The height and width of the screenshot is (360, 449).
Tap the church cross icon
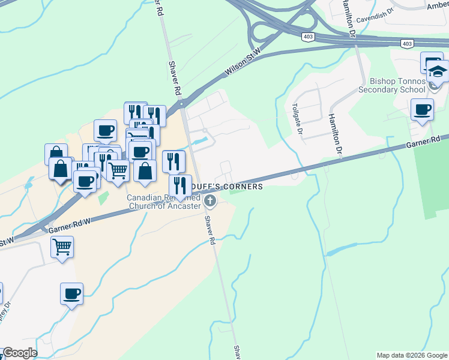tap(210, 200)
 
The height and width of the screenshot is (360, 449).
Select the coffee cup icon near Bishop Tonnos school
tap(422, 110)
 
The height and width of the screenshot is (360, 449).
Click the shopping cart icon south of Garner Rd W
tap(62, 247)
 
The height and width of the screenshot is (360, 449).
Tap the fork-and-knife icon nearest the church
tap(180, 185)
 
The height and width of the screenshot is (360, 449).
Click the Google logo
tap(20, 353)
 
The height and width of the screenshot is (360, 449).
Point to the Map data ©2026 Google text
tap(411, 355)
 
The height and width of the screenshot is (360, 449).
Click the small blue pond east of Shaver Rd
tap(203, 142)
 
